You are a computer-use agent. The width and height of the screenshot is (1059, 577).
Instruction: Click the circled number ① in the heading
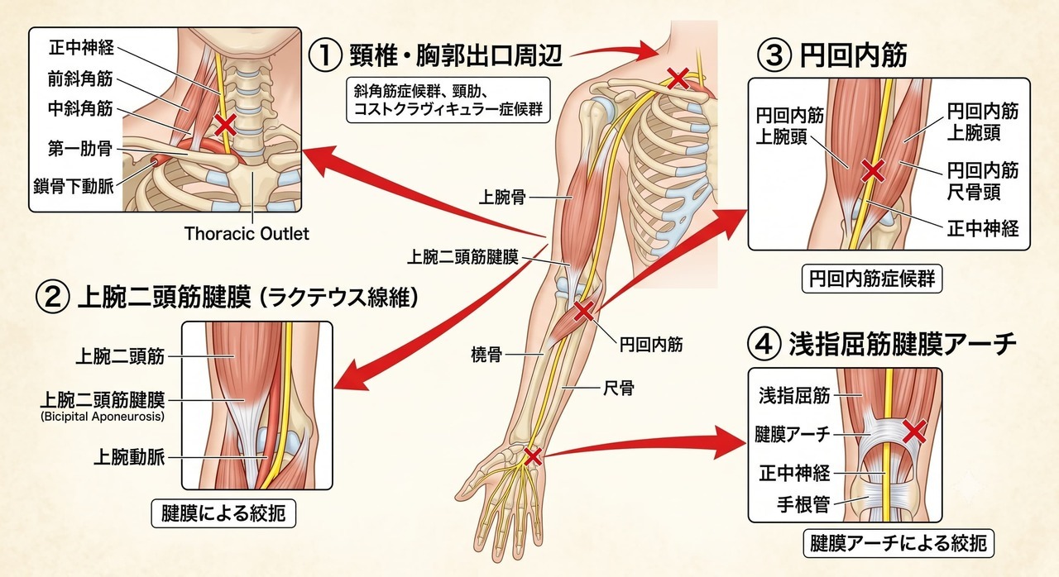pyautogui.click(x=325, y=55)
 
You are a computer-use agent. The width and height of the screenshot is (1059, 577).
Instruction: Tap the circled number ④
pyautogui.click(x=763, y=344)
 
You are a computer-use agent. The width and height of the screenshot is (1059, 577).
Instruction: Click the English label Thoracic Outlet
pyautogui.click(x=247, y=233)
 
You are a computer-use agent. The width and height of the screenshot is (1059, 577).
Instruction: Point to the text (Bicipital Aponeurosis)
pyautogui.click(x=103, y=417)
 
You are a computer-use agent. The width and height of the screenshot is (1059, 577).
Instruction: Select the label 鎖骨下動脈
pyautogui.click(x=74, y=187)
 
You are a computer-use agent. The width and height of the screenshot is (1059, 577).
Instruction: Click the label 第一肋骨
pyautogui.click(x=80, y=149)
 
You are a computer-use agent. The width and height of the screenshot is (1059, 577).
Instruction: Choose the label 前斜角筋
pyautogui.click(x=80, y=79)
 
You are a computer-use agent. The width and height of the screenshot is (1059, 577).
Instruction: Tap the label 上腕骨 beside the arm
pyautogui.click(x=502, y=197)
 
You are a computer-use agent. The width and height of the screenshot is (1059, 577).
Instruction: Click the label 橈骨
pyautogui.click(x=486, y=354)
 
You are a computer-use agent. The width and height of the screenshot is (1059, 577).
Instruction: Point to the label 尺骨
pyautogui.click(x=619, y=389)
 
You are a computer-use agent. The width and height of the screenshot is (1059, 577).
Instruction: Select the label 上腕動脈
pyautogui.click(x=129, y=457)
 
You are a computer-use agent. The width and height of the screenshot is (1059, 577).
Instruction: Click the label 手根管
pyautogui.click(x=803, y=504)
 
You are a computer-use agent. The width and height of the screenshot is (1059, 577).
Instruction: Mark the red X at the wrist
pyautogui.click(x=533, y=456)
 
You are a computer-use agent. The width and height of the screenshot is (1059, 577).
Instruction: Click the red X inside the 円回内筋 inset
pyautogui.click(x=873, y=170)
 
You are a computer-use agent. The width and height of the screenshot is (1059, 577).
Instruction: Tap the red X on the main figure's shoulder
pyautogui.click(x=678, y=79)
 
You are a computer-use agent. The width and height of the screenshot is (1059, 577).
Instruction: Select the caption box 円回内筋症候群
pyautogui.click(x=872, y=279)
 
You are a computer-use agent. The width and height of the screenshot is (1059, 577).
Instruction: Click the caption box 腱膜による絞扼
pyautogui.click(x=223, y=513)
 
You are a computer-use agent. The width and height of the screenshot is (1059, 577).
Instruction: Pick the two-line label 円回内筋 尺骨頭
pyautogui.click(x=982, y=181)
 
